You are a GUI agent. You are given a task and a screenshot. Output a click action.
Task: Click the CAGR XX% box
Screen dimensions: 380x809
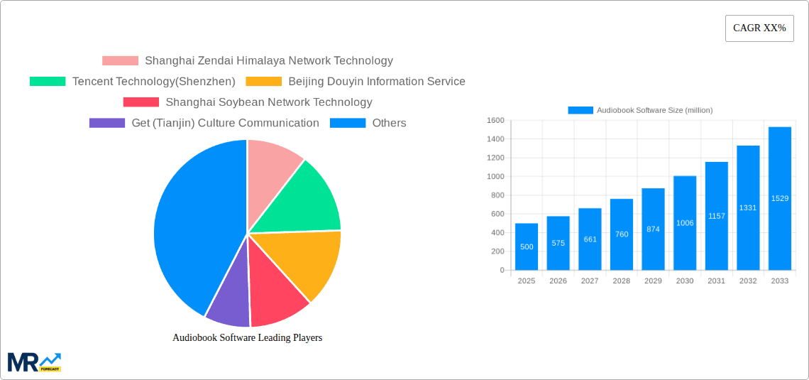tap(759, 28)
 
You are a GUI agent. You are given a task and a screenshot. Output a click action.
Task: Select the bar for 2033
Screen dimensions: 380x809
tap(780, 199)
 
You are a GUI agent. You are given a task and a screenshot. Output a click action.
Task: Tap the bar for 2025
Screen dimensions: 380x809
tap(527, 246)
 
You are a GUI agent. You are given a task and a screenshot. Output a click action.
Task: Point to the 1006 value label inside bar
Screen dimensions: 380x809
tap(685, 223)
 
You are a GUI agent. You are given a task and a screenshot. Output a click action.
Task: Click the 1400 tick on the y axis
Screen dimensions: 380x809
tap(495, 139)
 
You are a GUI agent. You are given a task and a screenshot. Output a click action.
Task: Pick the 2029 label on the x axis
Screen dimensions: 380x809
tap(653, 281)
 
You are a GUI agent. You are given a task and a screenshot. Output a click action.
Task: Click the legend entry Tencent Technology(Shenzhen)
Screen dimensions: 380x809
tap(153, 82)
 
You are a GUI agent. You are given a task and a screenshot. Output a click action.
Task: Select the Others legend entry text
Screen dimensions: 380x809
tap(389, 123)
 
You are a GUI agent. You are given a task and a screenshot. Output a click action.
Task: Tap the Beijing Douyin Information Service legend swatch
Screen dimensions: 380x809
tap(263, 82)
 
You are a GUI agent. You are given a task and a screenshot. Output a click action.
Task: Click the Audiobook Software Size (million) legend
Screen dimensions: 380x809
tap(640, 110)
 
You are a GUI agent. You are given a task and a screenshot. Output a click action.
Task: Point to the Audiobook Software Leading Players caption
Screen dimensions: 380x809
tap(247, 337)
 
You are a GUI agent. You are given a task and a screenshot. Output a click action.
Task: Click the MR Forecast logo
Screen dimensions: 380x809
tap(34, 362)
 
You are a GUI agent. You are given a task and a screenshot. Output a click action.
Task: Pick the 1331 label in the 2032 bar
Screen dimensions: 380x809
tap(748, 207)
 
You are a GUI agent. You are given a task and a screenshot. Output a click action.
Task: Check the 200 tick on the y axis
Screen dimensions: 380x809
tap(497, 251)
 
